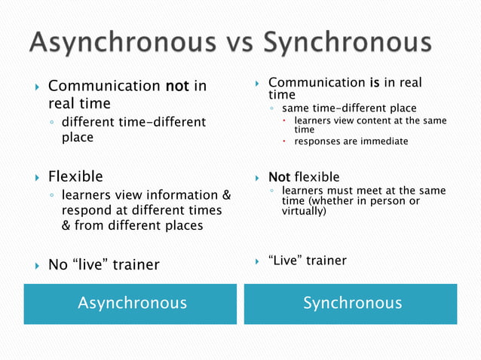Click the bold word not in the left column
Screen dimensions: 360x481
click(x=178, y=87)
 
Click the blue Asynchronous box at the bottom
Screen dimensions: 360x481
click(x=132, y=304)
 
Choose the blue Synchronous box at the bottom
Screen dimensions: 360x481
click(x=351, y=304)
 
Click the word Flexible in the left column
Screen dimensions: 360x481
click(x=75, y=177)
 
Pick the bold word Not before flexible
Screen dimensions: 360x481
click(x=279, y=178)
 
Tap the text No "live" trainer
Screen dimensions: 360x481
click(x=103, y=264)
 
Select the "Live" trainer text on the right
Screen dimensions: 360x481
click(x=307, y=261)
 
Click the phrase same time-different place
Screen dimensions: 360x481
click(x=348, y=108)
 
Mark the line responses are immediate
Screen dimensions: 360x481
click(x=351, y=141)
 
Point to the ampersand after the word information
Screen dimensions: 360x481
click(x=225, y=196)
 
